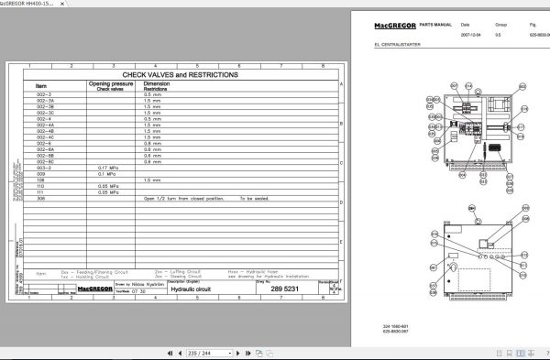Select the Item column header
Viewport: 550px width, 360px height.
[x=41, y=85]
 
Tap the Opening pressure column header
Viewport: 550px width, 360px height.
[x=111, y=85]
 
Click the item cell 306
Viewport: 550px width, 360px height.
[x=41, y=198]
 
